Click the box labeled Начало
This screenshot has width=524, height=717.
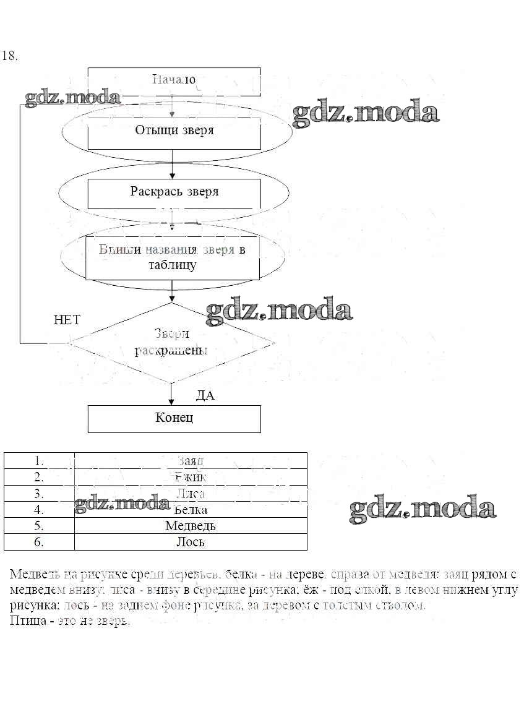(174, 80)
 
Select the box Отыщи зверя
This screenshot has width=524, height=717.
(174, 131)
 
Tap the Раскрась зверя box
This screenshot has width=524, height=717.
(174, 192)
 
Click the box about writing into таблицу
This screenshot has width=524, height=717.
(172, 257)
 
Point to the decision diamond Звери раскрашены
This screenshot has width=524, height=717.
(171, 342)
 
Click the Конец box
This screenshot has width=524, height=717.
(174, 418)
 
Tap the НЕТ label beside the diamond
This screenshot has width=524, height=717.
(67, 320)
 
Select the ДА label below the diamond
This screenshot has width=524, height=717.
(205, 396)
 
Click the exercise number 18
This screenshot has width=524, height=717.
(10, 56)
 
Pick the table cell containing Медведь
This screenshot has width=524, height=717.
(191, 526)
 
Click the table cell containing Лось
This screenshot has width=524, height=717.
(191, 542)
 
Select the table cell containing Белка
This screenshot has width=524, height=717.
(191, 510)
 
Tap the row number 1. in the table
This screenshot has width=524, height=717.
(39, 461)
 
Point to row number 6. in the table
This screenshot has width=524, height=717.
(39, 542)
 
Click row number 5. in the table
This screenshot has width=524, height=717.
(39, 526)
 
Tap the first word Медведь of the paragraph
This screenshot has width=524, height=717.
(32, 573)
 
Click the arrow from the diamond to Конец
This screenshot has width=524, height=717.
(172, 393)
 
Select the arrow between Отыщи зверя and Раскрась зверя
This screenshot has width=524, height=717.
(173, 164)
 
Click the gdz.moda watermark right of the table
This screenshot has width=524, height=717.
(423, 509)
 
